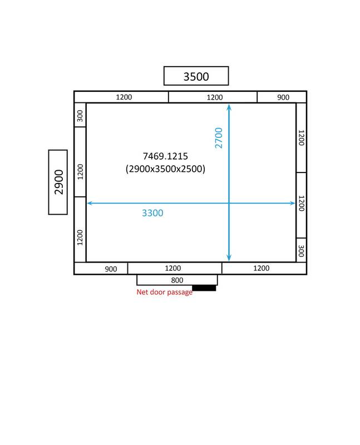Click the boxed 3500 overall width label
(196, 76)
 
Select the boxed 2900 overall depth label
(59, 182)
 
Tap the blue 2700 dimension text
(219, 138)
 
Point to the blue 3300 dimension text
(152, 213)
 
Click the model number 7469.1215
(165, 156)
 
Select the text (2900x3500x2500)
(165, 169)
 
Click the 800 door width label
(177, 280)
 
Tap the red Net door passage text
(164, 292)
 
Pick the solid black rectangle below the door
(204, 288)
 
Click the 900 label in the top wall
(283, 97)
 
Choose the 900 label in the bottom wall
(111, 269)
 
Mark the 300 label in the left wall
(80, 116)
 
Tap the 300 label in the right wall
(301, 251)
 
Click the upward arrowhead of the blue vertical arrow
(229, 107)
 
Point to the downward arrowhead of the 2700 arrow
(229, 258)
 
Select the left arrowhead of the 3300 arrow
(90, 203)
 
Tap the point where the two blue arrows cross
(229, 203)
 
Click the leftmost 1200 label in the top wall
(124, 97)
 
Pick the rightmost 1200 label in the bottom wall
(261, 268)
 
